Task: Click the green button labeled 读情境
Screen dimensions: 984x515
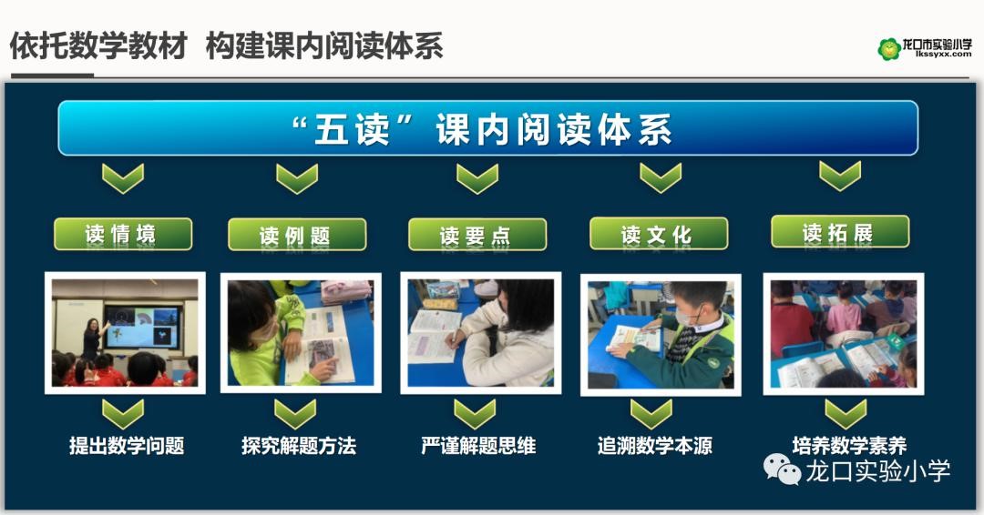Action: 123,234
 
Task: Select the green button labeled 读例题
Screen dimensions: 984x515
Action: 297,235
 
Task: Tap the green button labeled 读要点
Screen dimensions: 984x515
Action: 477,235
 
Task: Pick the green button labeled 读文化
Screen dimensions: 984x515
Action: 659,234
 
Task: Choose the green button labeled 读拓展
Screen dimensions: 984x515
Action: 840,232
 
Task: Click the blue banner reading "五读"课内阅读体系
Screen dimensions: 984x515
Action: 487,127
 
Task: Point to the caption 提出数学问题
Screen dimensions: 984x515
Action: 127,446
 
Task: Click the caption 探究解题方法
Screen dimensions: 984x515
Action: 299,446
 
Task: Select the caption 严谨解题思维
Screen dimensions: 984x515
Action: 478,446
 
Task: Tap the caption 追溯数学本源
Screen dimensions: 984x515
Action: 654,446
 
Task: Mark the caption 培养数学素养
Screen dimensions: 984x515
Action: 849,446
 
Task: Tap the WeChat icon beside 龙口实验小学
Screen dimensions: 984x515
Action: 782,470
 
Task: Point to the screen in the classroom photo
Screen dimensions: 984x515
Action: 142,327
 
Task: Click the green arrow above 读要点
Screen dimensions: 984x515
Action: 477,178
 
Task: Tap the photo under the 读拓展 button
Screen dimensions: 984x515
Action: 844,334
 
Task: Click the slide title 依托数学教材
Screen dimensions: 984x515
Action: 98,45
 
